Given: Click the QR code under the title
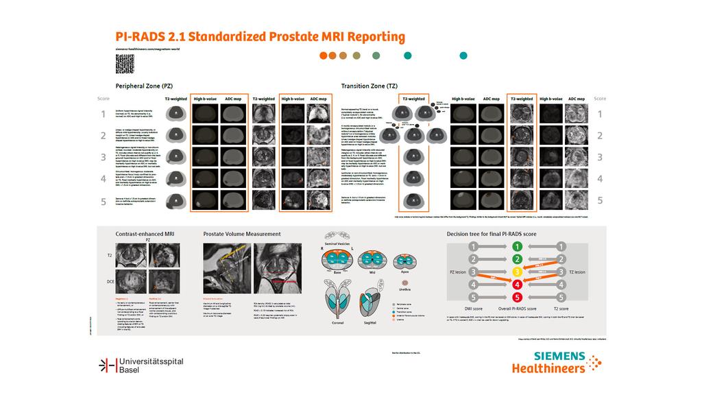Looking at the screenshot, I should (x=124, y=65).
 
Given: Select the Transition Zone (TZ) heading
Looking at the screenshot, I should (x=369, y=86).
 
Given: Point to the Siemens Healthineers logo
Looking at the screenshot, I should (x=556, y=362).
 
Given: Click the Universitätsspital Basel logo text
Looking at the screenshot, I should (x=151, y=365).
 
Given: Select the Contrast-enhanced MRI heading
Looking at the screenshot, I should (x=145, y=234).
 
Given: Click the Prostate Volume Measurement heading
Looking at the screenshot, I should (x=242, y=234).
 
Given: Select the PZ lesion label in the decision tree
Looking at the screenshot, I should (x=458, y=272).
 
